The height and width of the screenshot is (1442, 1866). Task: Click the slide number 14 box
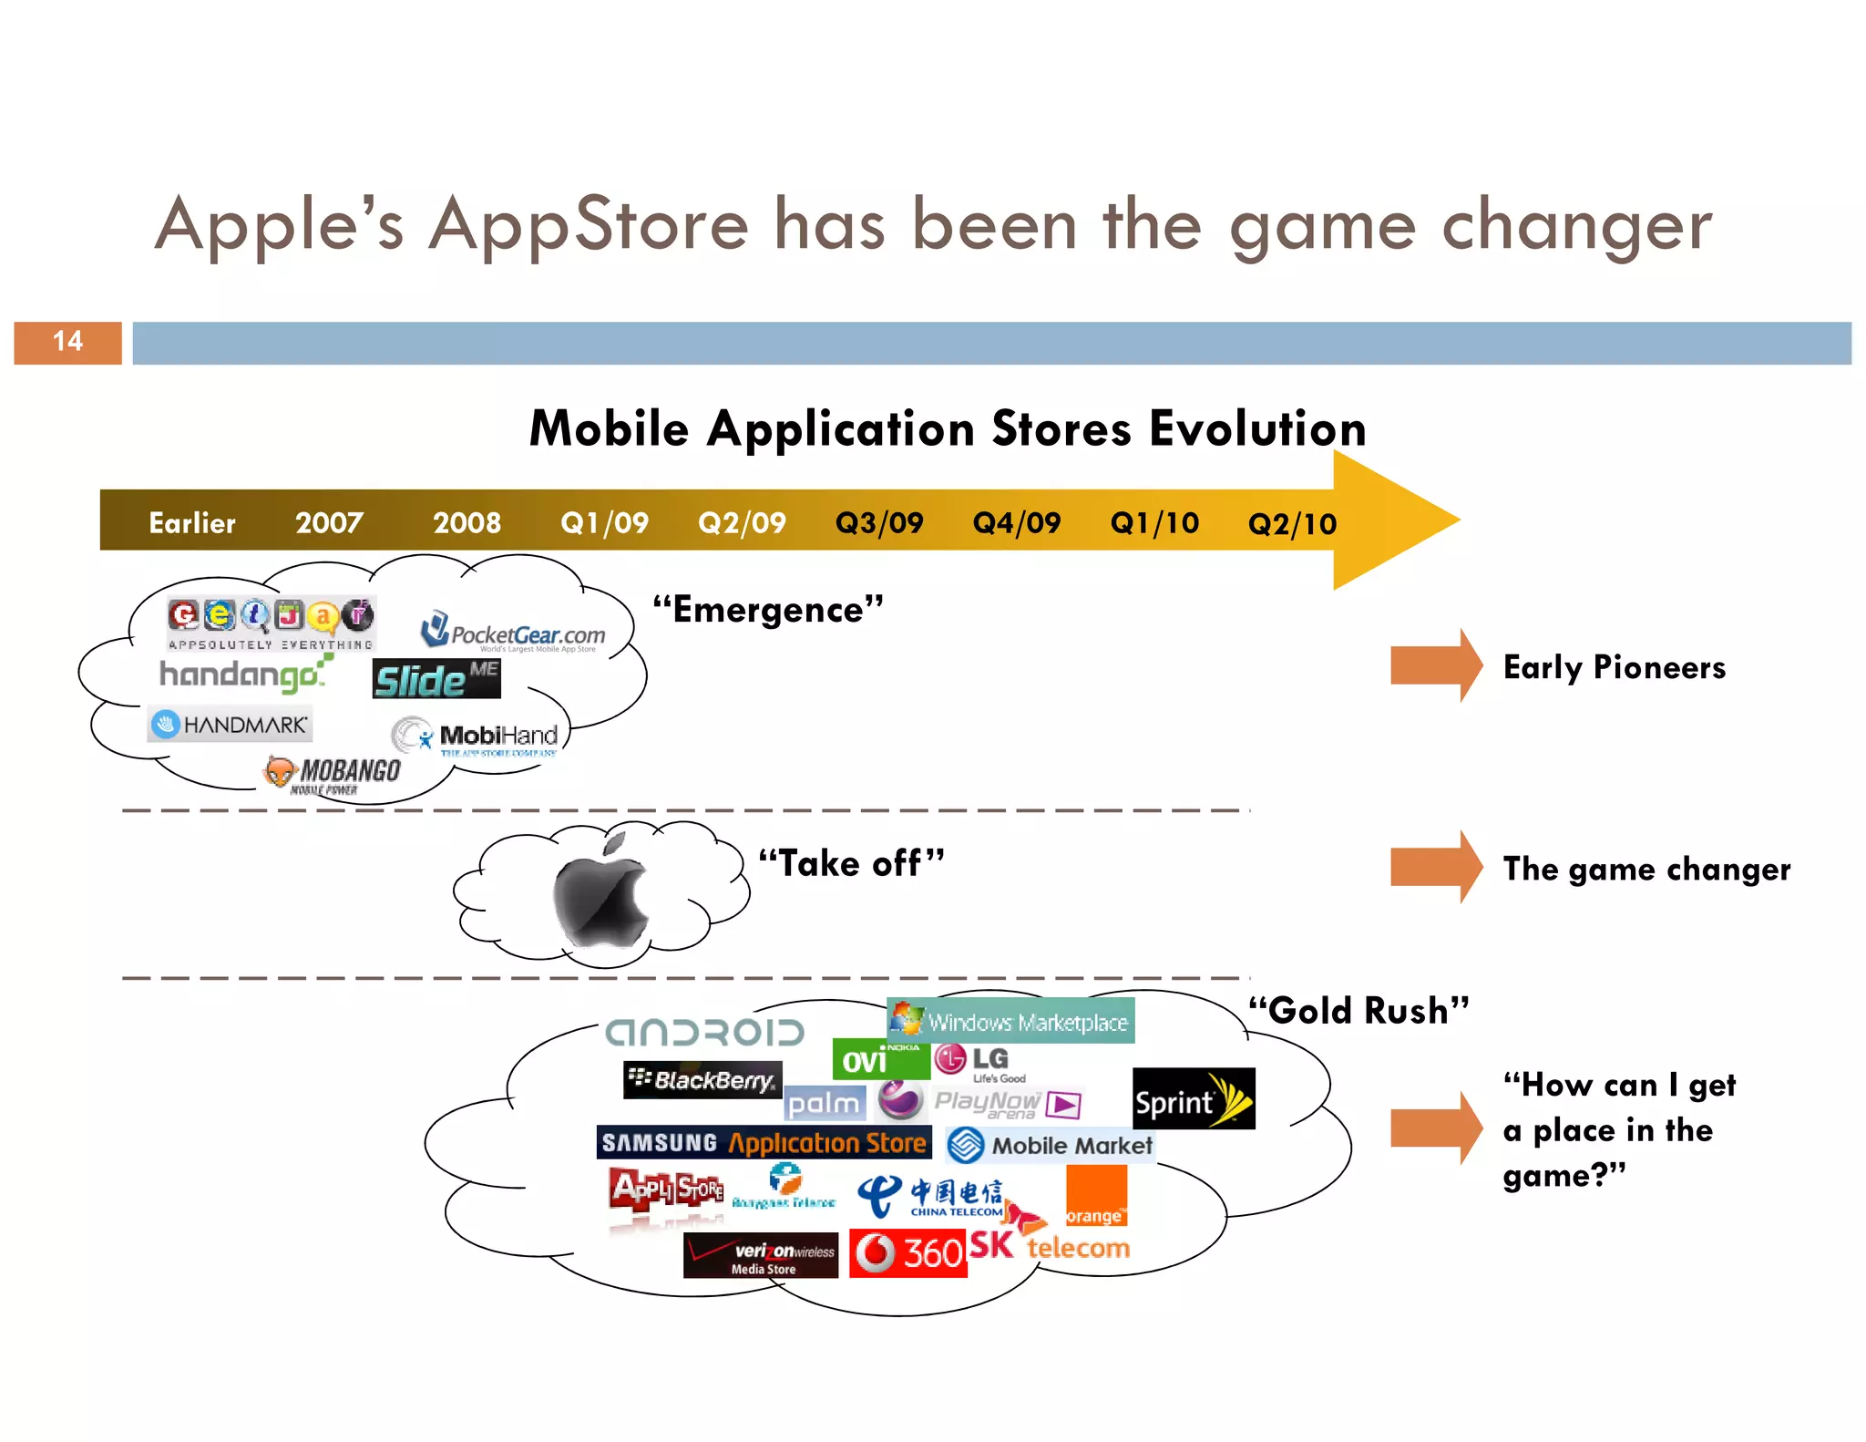pyautogui.click(x=67, y=342)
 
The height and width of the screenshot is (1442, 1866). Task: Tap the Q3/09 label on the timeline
pyautogui.click(x=878, y=522)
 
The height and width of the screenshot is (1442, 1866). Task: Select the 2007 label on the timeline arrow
pyautogui.click(x=329, y=522)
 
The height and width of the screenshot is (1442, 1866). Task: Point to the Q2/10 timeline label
pyautogui.click(x=1291, y=523)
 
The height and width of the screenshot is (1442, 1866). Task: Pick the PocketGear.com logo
pyautogui.click(x=513, y=633)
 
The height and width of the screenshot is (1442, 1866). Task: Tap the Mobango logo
pyautogui.click(x=333, y=774)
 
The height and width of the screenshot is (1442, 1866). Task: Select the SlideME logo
pyautogui.click(x=436, y=679)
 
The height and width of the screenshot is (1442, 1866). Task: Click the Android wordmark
pyautogui.click(x=705, y=1033)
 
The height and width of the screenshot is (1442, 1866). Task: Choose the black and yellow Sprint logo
pyautogui.click(x=1193, y=1099)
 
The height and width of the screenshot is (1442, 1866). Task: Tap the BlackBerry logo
pyautogui.click(x=702, y=1080)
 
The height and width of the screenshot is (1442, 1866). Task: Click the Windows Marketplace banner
pyautogui.click(x=1010, y=1022)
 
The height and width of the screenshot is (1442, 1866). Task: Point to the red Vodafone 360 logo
pyautogui.click(x=907, y=1253)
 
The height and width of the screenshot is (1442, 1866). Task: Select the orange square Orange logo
pyautogui.click(x=1096, y=1196)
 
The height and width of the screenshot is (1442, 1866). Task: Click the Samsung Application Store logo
pyautogui.click(x=764, y=1142)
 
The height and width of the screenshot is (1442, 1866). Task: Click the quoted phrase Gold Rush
pyautogui.click(x=1358, y=1011)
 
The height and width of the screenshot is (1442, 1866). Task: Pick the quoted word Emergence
pyautogui.click(x=768, y=609)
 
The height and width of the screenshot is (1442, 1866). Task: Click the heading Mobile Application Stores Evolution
pyautogui.click(x=948, y=428)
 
